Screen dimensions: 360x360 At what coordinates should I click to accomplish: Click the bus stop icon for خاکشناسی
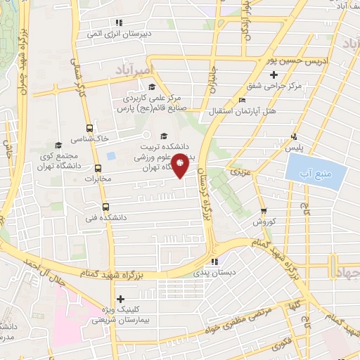pyautogui.click(x=89, y=129)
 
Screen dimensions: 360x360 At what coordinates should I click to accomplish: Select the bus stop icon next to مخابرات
pyautogui.click(x=98, y=168)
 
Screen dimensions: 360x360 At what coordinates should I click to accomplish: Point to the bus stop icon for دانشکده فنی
pyautogui.click(x=105, y=207)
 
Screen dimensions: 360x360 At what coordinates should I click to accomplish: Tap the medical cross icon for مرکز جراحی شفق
pyautogui.click(x=274, y=75)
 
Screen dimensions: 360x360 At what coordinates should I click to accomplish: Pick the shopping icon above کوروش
pyautogui.click(x=263, y=210)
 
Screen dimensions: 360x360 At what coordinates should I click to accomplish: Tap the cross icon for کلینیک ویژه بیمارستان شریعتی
pyautogui.click(x=121, y=298)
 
